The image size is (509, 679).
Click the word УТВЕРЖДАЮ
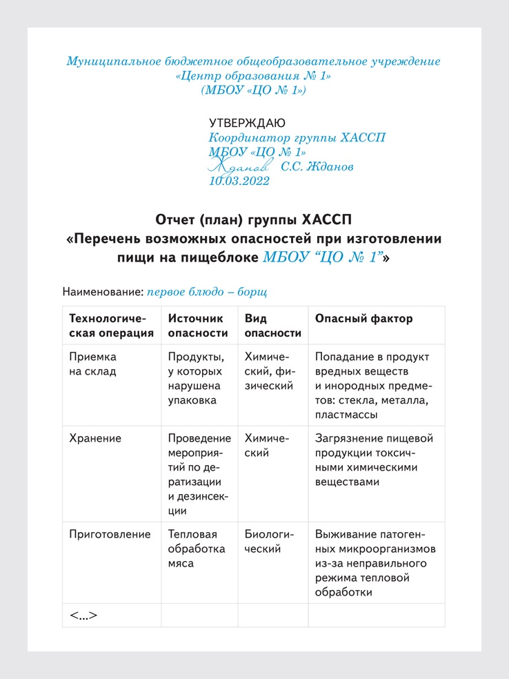247,123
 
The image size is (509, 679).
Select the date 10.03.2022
239,181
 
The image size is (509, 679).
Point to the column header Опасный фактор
364,319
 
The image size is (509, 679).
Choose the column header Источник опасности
198,326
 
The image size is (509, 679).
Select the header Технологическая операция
112,326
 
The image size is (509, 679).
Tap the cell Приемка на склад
93,364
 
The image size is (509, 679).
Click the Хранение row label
96,438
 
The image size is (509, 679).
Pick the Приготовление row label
110,534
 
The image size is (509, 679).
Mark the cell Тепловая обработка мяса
197,549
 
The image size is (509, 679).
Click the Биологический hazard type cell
270,542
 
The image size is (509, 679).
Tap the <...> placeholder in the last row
83,615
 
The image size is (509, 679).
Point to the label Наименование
102,292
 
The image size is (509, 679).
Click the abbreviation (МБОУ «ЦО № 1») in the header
253,90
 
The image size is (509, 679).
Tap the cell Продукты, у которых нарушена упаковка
197,379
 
